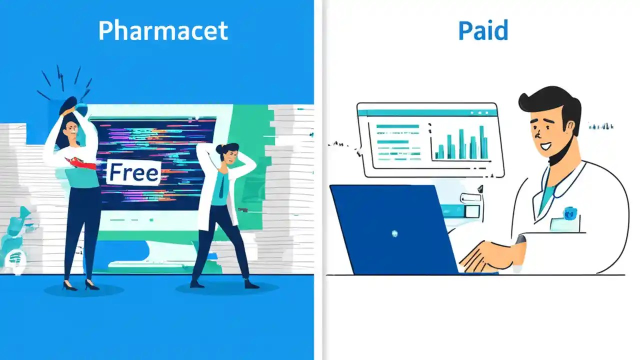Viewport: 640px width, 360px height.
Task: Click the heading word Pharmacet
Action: (163, 31)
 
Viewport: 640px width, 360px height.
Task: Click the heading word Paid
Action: (483, 31)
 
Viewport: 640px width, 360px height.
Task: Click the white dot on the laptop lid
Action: (395, 233)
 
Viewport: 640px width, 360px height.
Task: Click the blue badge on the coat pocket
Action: (568, 213)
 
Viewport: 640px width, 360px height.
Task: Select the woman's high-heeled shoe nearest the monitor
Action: (91, 285)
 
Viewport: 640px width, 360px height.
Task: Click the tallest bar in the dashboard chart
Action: (482, 142)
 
